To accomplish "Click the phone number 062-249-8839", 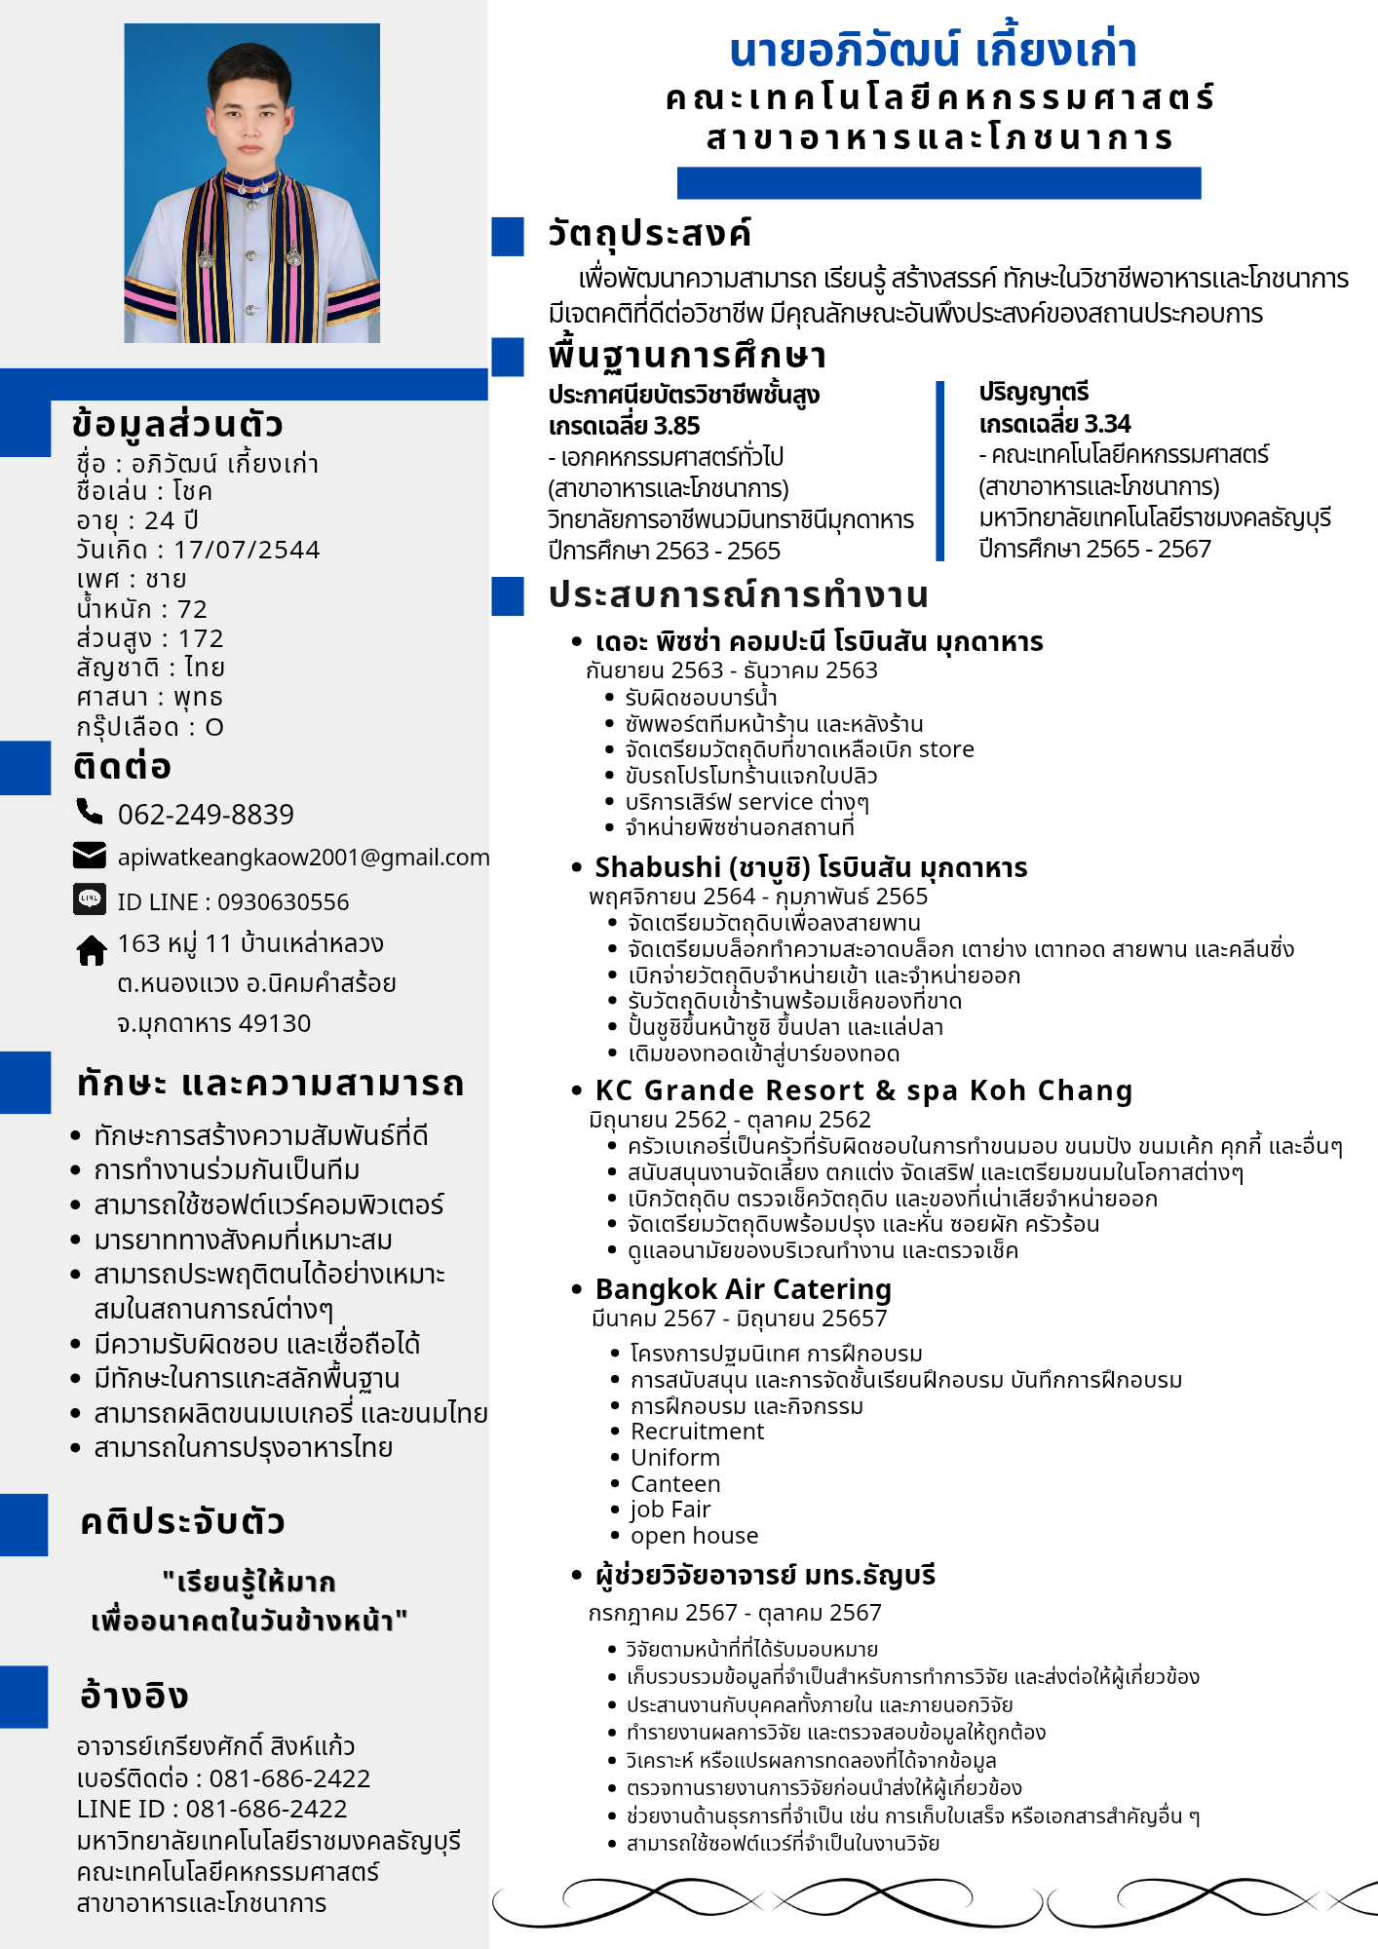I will [x=206, y=814].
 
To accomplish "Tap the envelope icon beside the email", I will [x=90, y=856].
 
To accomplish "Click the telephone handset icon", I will [x=90, y=811].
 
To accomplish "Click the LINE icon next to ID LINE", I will [x=90, y=898].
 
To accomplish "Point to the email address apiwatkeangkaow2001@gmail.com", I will [x=303, y=858].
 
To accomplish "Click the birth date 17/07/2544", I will [x=247, y=550].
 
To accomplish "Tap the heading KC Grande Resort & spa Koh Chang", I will [x=863, y=1090].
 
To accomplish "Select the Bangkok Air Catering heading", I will [x=743, y=1289].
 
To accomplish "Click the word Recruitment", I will [x=697, y=1432].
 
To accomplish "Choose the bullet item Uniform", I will [x=674, y=1458].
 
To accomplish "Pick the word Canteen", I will [x=675, y=1484].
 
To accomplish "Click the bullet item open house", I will [x=694, y=1536].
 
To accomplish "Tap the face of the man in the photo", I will [x=251, y=117].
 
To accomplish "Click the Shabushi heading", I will [x=811, y=867].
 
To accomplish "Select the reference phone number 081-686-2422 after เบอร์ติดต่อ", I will [x=289, y=1778].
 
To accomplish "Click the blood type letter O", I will [x=214, y=727].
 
